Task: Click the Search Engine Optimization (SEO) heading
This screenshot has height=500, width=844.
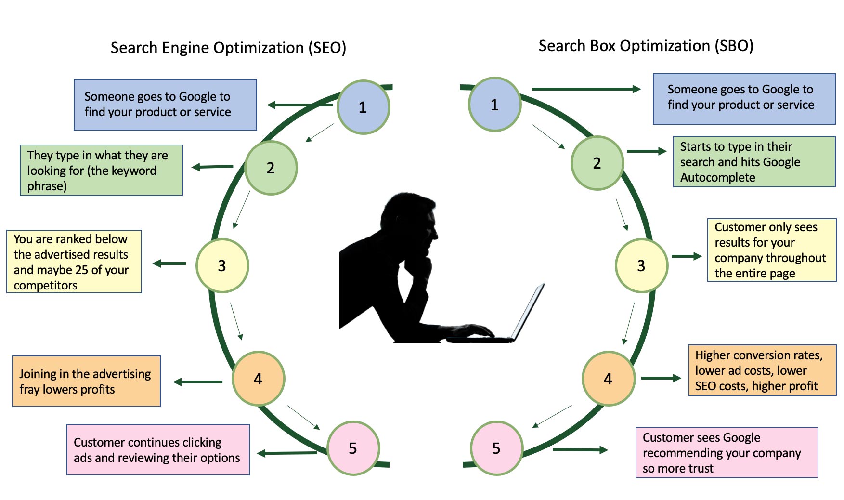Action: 228,48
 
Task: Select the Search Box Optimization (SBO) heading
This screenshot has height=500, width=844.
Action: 646,46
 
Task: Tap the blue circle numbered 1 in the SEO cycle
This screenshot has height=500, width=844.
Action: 363,107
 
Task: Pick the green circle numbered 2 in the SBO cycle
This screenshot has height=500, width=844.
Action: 597,163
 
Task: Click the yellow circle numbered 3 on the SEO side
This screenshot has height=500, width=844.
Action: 222,265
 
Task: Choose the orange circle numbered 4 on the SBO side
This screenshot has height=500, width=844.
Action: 608,379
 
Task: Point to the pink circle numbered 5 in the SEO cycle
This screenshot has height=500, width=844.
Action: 353,448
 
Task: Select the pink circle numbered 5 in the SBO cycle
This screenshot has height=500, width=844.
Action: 496,448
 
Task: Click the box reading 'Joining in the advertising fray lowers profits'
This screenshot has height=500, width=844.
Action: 86,382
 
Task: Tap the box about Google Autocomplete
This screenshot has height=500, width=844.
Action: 754,162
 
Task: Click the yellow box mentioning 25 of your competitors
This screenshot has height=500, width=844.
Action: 74,262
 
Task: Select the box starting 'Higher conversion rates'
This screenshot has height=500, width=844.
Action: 762,370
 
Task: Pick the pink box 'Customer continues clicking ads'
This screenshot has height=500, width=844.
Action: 158,449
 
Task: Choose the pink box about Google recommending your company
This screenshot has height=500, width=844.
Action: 727,452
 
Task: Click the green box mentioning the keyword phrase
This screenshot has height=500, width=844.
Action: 101,170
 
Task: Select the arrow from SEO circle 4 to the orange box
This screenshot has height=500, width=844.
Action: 198,382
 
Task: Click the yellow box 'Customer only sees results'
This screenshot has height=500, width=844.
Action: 771,250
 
